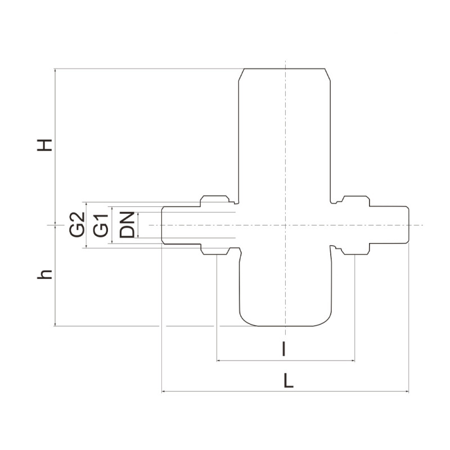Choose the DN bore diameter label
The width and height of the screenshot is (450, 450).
click(128, 224)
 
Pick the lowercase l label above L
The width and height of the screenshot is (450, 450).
click(285, 350)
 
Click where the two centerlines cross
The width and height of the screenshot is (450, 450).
click(286, 225)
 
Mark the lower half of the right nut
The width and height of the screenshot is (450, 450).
click(355, 250)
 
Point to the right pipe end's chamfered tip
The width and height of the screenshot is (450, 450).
click(407, 225)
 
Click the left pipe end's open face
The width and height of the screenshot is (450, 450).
click(163, 225)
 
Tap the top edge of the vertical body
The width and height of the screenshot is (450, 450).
click(286, 69)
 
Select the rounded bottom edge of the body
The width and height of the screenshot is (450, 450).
click(286, 325)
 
